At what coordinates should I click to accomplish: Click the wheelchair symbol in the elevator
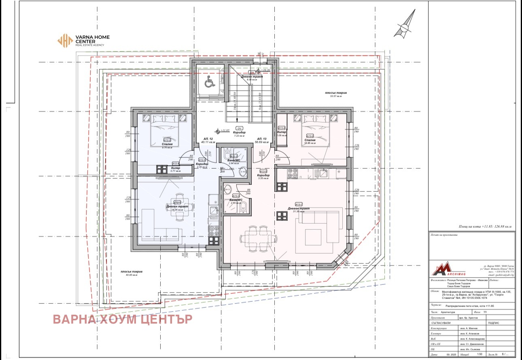209,83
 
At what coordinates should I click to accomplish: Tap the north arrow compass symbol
405,25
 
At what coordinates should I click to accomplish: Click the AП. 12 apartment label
209,140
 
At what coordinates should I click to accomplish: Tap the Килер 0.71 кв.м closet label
175,169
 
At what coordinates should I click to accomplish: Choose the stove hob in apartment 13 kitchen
293,173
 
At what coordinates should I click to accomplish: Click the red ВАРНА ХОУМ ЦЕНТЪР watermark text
123,319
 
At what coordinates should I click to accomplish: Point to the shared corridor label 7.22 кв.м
239,134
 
